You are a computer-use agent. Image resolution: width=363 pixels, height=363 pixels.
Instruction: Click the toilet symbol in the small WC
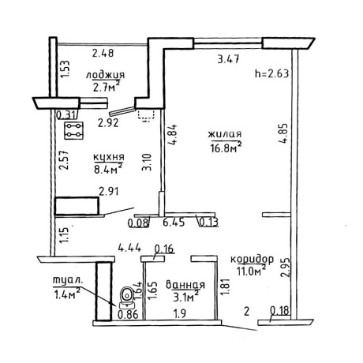[127, 298]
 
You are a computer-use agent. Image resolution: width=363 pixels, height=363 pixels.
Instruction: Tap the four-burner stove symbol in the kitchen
[74, 130]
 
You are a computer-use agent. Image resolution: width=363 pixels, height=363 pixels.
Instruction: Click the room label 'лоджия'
[105, 75]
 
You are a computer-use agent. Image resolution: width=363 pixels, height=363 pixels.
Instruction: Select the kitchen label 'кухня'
[109, 157]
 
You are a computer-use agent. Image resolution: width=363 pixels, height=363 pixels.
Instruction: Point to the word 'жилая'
[225, 134]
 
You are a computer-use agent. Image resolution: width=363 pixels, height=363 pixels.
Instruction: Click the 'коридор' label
[252, 259]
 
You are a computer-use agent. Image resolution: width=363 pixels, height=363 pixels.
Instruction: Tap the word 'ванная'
[185, 285]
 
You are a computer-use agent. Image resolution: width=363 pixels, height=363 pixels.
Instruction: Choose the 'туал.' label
[68, 280]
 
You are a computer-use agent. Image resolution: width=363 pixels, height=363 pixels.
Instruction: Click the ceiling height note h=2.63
[272, 73]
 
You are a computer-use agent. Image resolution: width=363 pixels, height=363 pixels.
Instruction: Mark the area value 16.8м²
[226, 148]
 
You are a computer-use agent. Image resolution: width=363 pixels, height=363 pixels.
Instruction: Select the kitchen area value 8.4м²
[108, 169]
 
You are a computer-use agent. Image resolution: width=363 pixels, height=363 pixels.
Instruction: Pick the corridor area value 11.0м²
[251, 271]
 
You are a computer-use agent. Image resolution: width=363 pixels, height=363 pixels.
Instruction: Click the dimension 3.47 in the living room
[228, 58]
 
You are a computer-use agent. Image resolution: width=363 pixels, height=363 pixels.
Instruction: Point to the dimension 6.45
[174, 223]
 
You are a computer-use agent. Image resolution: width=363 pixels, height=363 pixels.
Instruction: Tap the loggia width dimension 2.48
[103, 53]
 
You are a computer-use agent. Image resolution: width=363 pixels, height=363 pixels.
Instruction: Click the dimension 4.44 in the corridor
[129, 248]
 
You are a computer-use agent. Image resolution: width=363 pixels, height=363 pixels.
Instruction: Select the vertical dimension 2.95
[285, 268]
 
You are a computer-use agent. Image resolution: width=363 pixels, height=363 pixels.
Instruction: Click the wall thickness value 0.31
[67, 115]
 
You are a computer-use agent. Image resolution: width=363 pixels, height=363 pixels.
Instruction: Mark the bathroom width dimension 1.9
[180, 313]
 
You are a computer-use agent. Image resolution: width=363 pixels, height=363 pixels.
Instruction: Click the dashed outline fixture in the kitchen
[145, 116]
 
